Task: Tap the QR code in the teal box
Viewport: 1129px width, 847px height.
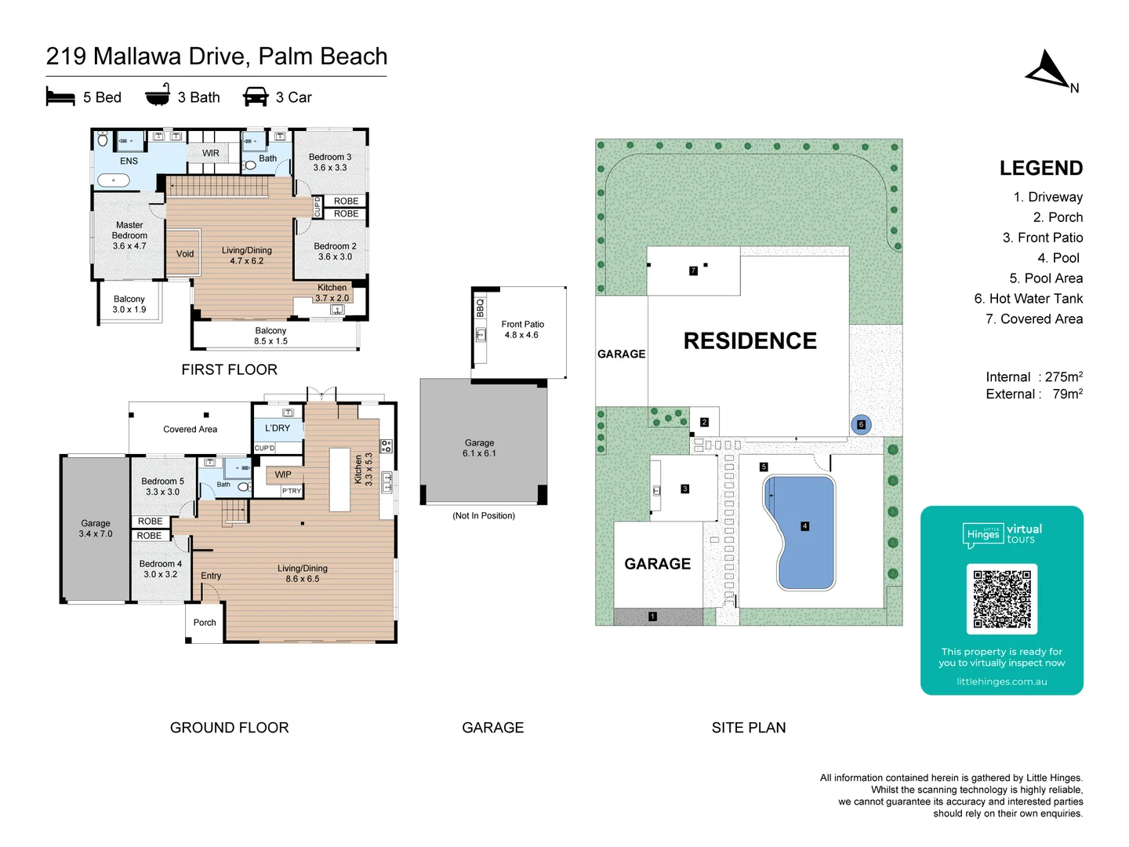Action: pos(1002,598)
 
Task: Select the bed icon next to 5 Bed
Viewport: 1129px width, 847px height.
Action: pos(60,97)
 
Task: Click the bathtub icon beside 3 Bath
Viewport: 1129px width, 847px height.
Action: pos(158,96)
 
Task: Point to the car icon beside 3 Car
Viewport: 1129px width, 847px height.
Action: pos(256,97)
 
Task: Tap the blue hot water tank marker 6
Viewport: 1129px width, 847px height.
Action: pos(861,425)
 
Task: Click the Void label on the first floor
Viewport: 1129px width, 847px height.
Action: pos(185,254)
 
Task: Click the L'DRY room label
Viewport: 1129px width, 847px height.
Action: pos(278,428)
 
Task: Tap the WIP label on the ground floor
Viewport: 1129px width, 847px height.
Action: pos(283,474)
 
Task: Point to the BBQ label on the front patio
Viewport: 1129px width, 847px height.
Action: pos(481,308)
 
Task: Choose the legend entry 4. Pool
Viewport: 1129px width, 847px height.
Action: pos(1058,258)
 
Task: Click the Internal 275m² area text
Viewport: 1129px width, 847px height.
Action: pos(1034,377)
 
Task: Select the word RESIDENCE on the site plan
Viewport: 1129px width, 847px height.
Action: pos(750,341)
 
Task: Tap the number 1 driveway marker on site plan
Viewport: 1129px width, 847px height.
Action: pos(652,617)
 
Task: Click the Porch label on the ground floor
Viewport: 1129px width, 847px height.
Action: pos(205,623)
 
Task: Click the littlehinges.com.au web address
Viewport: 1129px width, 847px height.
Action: pos(1001,682)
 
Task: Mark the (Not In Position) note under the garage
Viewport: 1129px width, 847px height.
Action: pos(484,516)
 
